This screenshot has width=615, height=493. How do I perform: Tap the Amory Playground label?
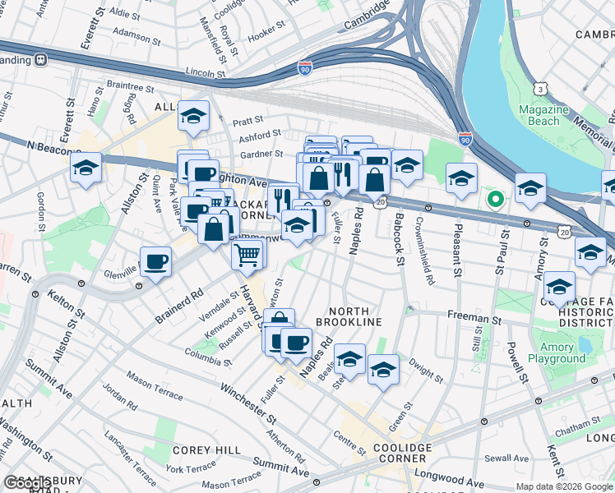(x=557, y=352)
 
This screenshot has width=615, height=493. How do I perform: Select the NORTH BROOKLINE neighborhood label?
(x=355, y=316)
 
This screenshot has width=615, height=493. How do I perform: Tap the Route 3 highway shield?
(x=540, y=88)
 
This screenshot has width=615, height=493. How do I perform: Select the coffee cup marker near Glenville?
(x=155, y=262)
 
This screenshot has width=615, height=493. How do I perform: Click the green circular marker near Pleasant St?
(x=494, y=199)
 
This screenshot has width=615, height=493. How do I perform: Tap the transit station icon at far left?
(x=39, y=60)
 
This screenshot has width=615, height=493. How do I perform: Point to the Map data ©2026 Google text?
(x=563, y=486)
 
